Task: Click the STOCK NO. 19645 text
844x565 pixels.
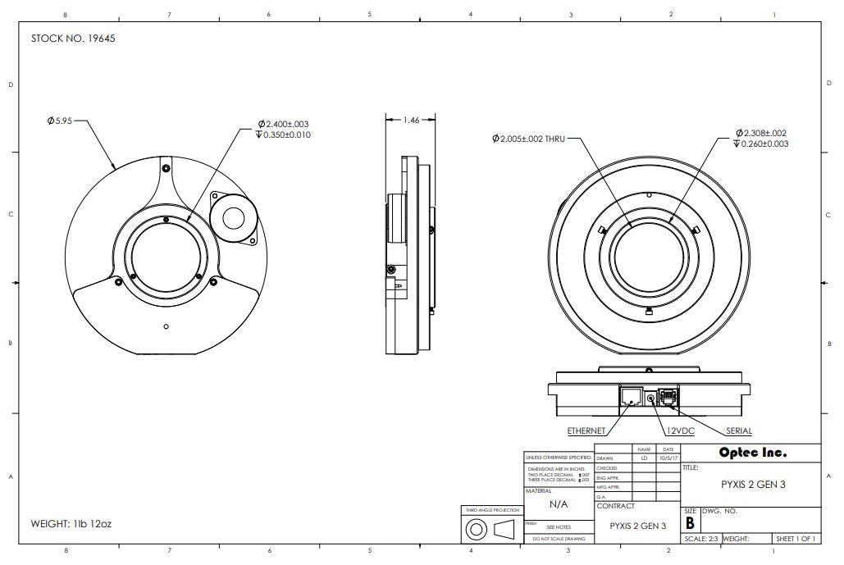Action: coord(73,39)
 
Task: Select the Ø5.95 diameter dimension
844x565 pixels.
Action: coord(60,121)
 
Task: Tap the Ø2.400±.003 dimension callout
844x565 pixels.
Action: coord(284,124)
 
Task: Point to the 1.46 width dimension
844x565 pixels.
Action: coord(411,120)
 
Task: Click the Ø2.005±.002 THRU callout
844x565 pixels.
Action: coord(528,139)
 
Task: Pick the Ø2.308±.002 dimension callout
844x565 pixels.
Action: coord(761,133)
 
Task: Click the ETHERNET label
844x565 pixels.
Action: coord(586,431)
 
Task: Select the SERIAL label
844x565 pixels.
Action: coord(738,431)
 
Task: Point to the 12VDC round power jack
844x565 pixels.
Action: coord(652,398)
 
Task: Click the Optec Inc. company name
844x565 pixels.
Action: coord(752,453)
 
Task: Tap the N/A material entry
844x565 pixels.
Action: coord(559,505)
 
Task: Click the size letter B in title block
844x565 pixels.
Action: coord(690,522)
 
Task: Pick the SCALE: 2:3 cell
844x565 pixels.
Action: coord(702,539)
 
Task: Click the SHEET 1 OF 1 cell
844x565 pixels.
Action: coord(796,539)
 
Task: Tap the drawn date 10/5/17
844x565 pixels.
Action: coord(668,458)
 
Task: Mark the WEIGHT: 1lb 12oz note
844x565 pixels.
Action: coord(72,522)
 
